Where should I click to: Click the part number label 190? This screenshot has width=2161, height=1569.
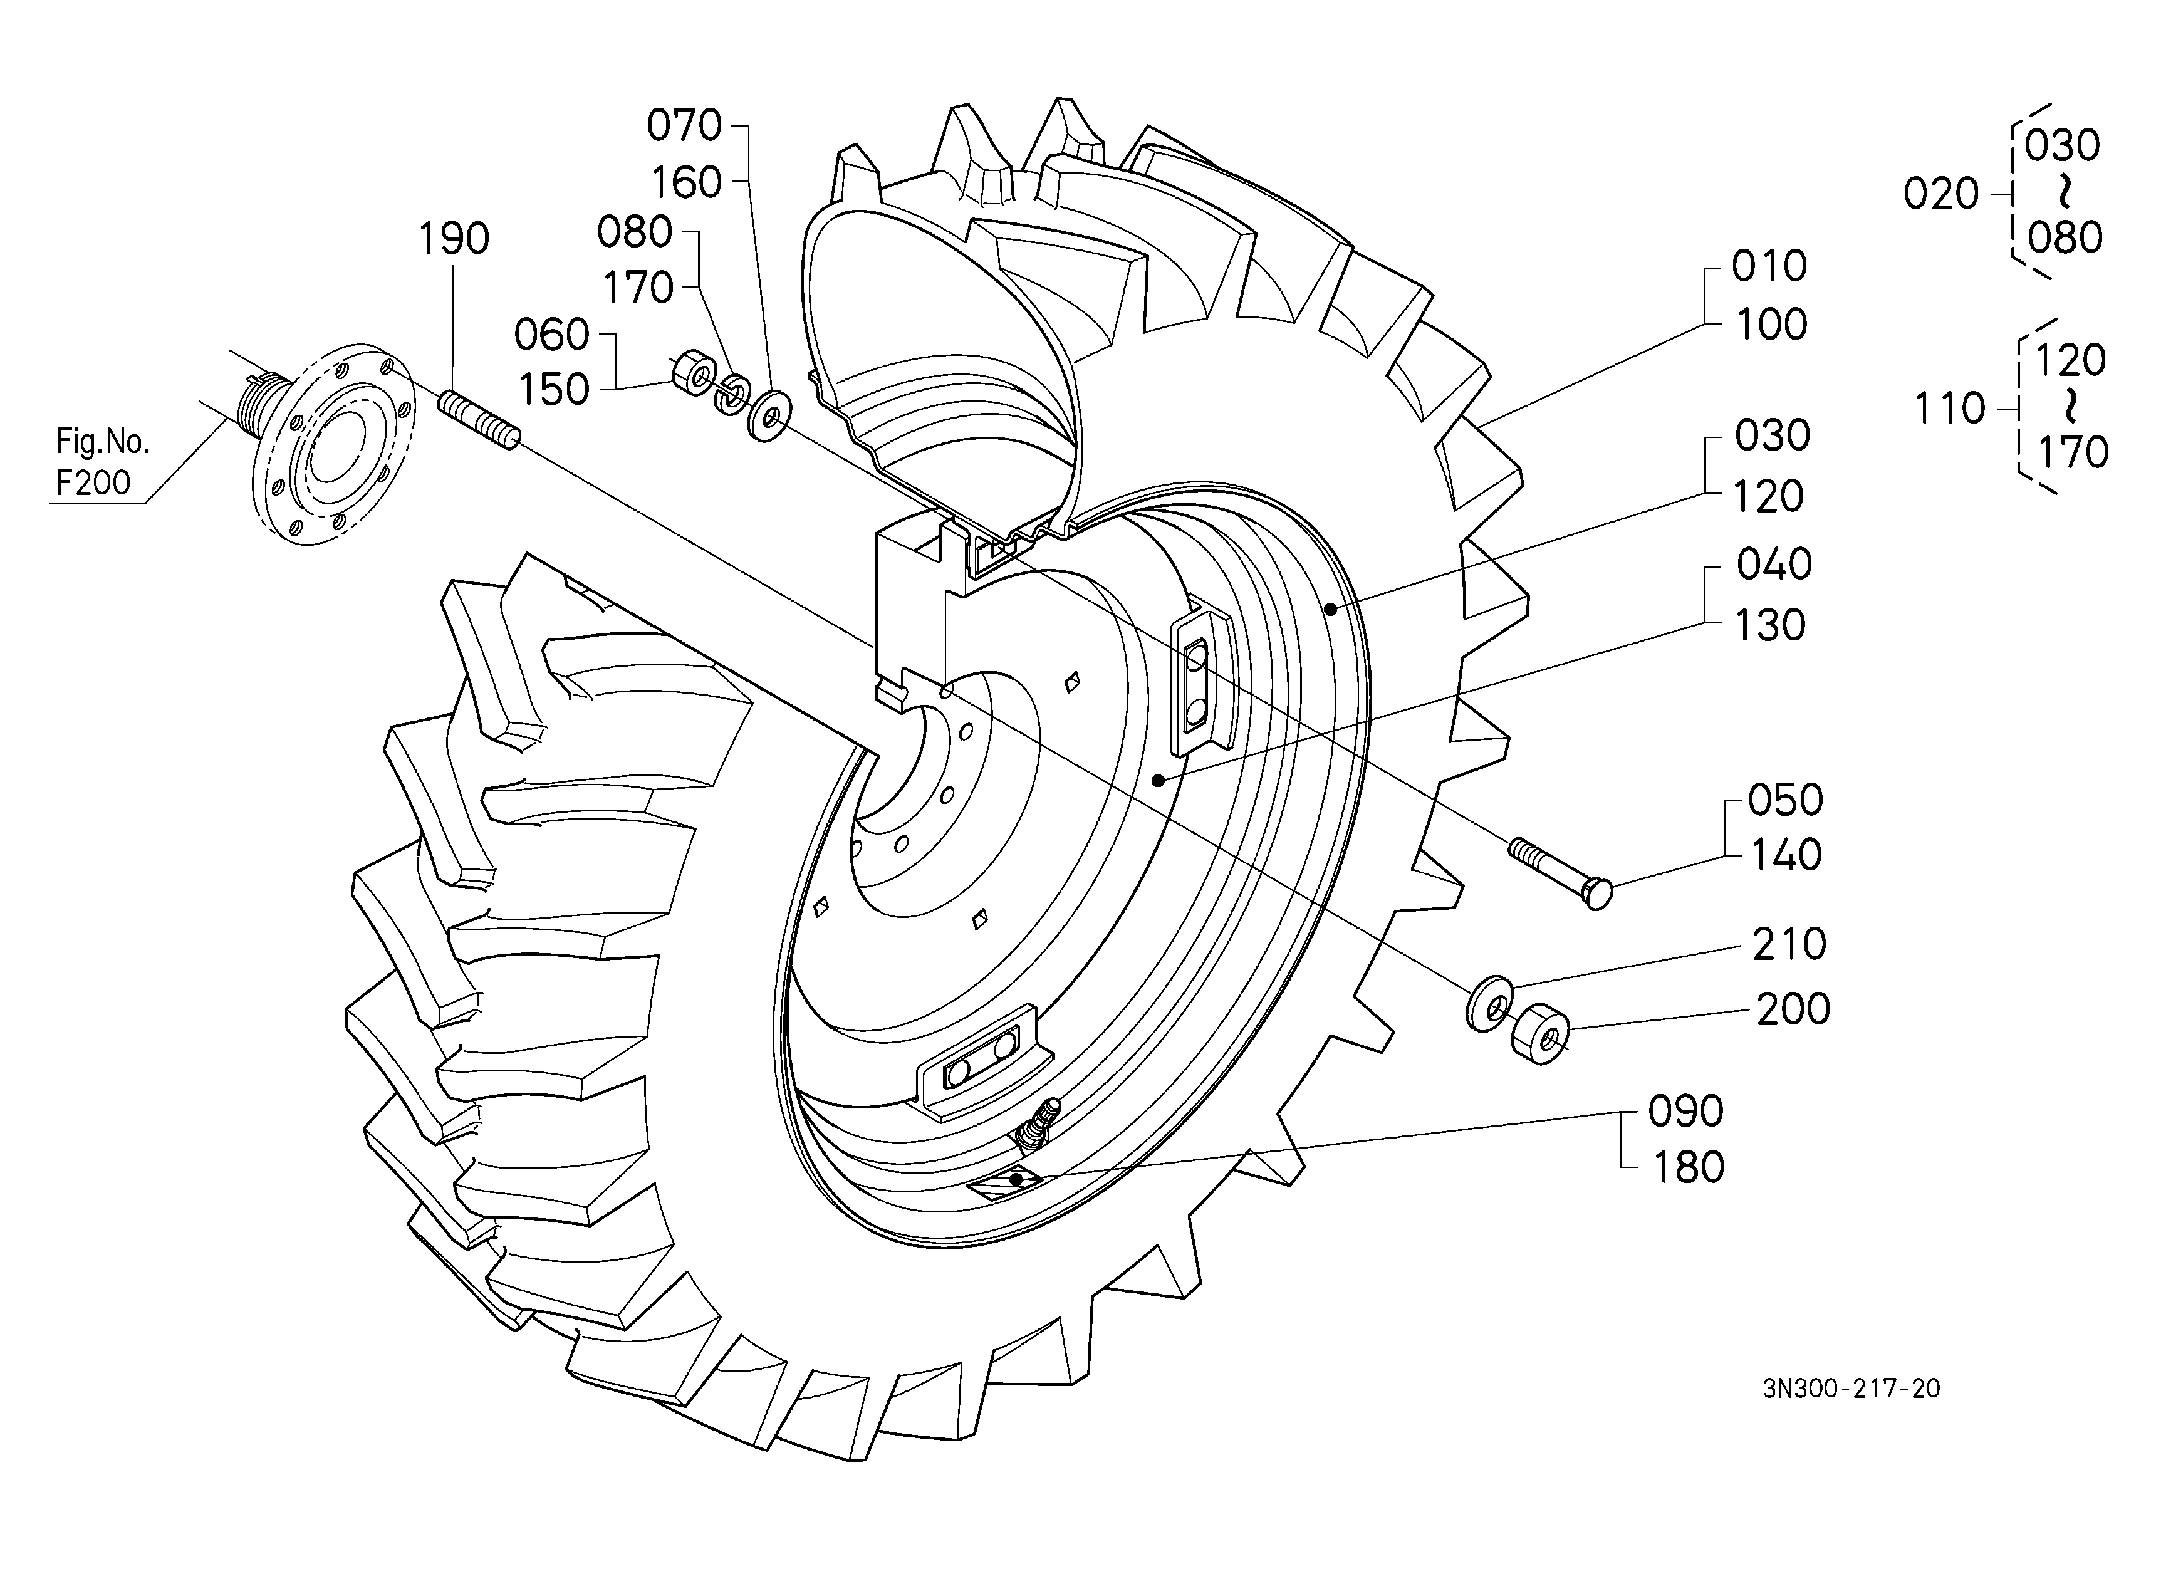click(x=454, y=239)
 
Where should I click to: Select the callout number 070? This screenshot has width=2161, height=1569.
click(x=684, y=126)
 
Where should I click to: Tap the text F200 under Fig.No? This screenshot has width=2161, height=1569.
click(x=93, y=483)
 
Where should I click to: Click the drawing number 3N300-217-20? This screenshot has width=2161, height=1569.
click(x=1851, y=1388)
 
